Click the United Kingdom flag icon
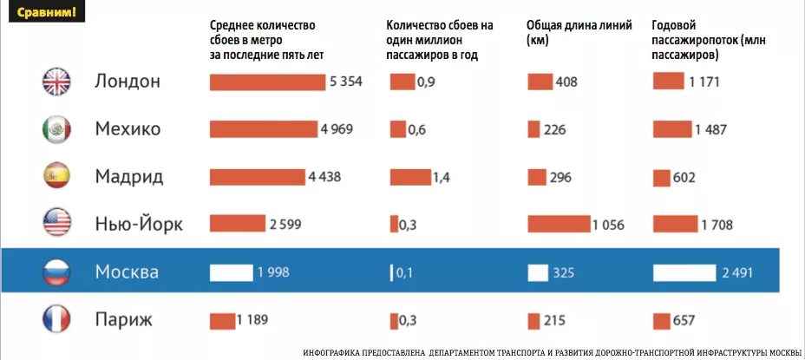[56, 82]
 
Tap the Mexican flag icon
[56, 129]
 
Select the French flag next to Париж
[56, 320]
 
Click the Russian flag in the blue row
[56, 272]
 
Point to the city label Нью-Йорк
[139, 225]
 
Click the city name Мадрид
[129, 177]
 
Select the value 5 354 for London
[345, 82]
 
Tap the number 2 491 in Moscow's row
[737, 272]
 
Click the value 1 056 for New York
[608, 225]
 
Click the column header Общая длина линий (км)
[579, 32]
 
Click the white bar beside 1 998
[231, 272]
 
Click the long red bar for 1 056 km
[558, 225]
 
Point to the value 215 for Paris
[555, 321]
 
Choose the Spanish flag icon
[56, 177]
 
